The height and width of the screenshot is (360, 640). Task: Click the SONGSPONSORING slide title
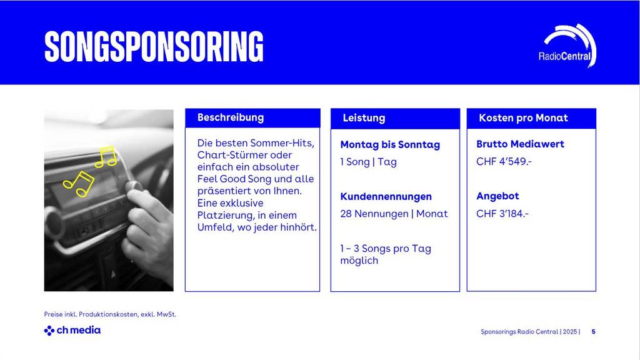[154, 46]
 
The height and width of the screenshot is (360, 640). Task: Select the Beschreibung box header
[231, 117]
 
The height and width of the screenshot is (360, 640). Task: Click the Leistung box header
[364, 118]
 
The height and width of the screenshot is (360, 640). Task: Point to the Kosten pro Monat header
[523, 118]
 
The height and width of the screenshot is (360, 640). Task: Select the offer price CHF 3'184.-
[502, 214]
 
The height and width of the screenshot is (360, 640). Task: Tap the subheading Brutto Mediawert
[520, 144]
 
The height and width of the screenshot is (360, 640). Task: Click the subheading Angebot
[497, 196]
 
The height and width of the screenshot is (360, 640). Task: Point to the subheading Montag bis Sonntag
[390, 145]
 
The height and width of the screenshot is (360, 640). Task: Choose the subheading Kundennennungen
[386, 197]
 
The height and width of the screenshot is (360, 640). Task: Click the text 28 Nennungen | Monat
[394, 214]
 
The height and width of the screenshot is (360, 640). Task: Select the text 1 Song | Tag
[368, 162]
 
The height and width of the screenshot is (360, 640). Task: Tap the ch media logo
[72, 330]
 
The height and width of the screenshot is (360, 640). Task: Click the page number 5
[593, 332]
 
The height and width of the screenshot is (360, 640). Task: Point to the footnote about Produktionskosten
[110, 314]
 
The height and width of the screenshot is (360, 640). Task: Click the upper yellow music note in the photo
[106, 156]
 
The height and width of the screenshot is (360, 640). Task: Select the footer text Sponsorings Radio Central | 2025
[529, 332]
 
